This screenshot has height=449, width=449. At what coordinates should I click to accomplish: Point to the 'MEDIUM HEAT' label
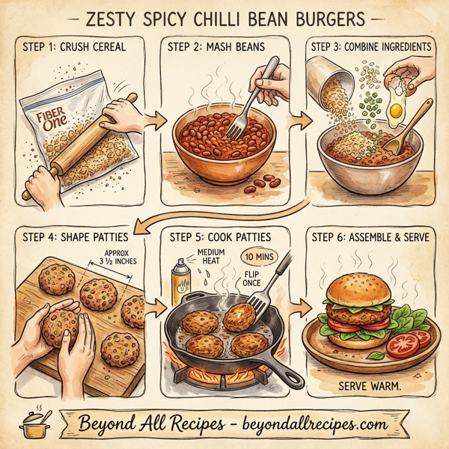pyautogui.click(x=213, y=257)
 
